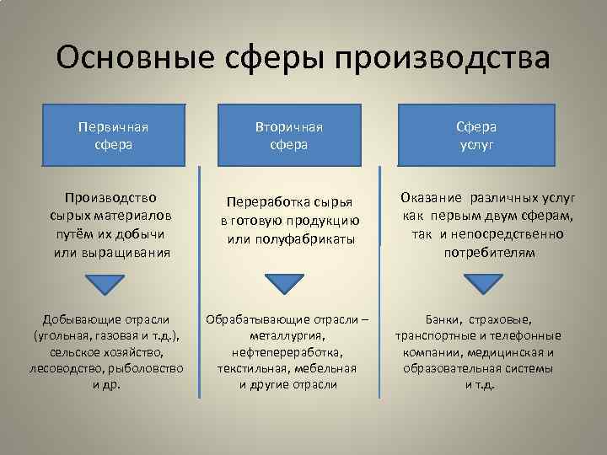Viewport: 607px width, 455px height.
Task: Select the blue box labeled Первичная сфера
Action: click(112, 135)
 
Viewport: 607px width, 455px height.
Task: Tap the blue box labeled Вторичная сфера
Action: click(289, 135)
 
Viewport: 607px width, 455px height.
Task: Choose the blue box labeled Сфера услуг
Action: click(476, 135)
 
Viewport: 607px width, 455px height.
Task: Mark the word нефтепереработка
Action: click(288, 352)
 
